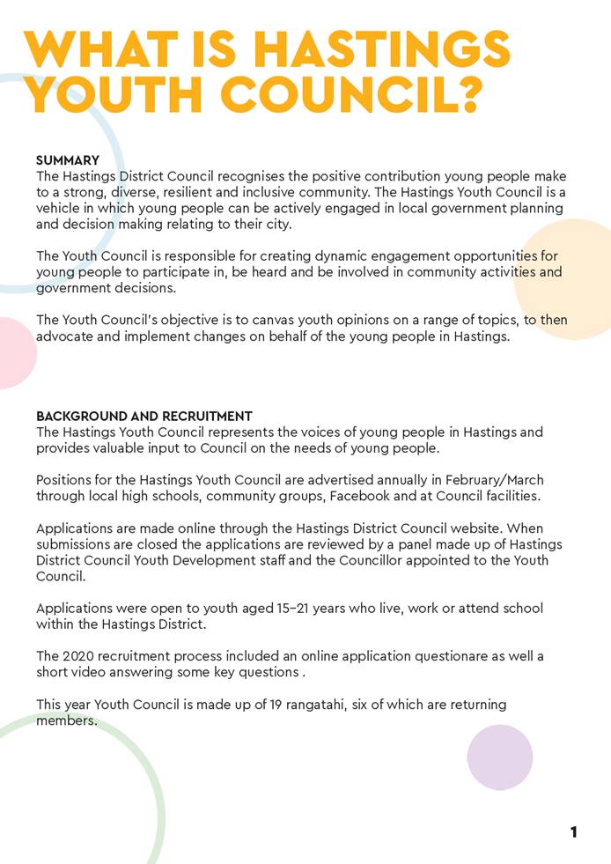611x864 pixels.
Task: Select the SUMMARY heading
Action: pyautogui.click(x=68, y=160)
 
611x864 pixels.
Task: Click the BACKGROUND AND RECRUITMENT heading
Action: pyautogui.click(x=144, y=416)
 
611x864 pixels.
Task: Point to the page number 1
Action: pyautogui.click(x=574, y=831)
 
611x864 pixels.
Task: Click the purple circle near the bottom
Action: pyautogui.click(x=500, y=757)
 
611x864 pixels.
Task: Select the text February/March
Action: pyautogui.click(x=490, y=480)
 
